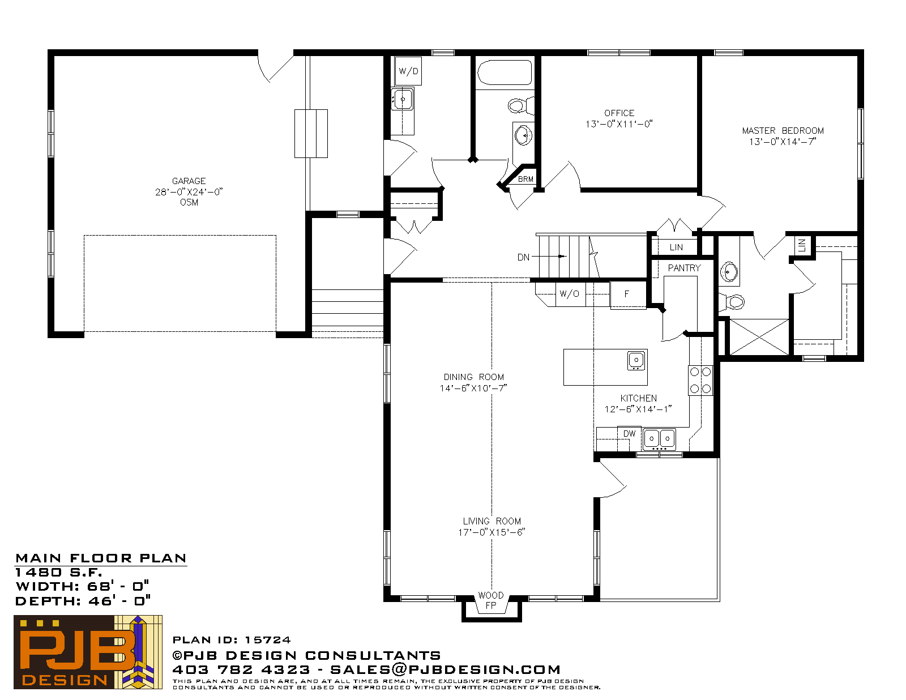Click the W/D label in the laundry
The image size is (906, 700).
point(408,71)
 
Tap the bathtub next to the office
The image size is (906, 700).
point(505,73)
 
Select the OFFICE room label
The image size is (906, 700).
point(619,113)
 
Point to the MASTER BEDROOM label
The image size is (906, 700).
point(783,130)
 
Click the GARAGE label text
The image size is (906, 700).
point(189,181)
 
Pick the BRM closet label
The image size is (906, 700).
point(525,180)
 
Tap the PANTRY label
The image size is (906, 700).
point(684,268)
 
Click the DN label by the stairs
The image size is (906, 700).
point(523,257)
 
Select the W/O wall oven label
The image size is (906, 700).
point(569,294)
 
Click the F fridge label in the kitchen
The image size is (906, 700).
point(626,294)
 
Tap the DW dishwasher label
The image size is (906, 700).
point(629,434)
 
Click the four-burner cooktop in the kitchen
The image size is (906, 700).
point(700,380)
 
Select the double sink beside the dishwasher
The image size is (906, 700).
point(659,439)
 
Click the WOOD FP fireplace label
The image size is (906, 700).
point(491,600)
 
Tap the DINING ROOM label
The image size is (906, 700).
point(473,377)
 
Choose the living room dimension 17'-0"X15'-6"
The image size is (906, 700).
point(492,532)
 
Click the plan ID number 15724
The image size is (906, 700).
point(268,640)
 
